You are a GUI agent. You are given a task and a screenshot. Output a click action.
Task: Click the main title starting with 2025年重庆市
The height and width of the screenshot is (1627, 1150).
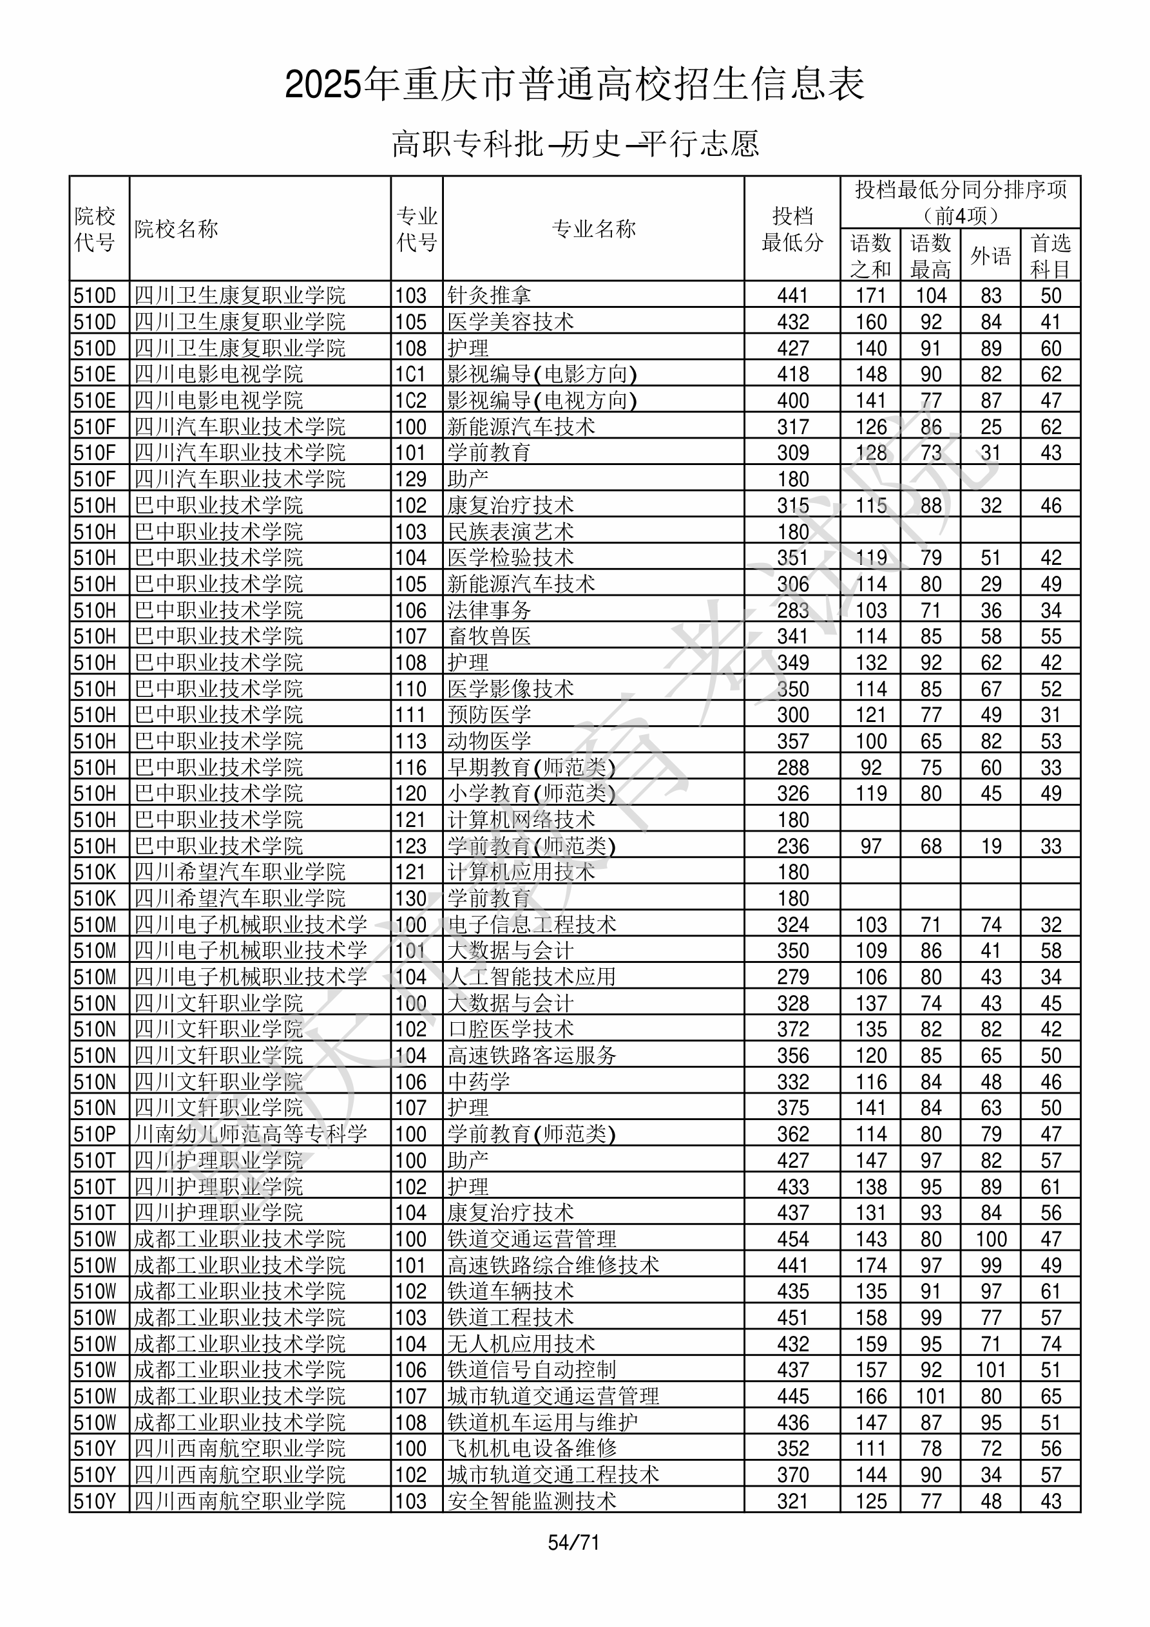pyautogui.click(x=574, y=84)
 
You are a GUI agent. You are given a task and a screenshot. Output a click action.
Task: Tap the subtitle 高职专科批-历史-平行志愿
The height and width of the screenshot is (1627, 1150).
pyautogui.click(x=575, y=144)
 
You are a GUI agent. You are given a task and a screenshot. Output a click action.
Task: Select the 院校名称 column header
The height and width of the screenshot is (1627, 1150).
pyautogui.click(x=177, y=229)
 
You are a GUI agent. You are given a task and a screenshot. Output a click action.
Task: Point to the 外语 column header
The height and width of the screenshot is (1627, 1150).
pyautogui.click(x=990, y=256)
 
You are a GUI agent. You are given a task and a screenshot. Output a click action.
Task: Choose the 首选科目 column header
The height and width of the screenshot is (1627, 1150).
pyautogui.click(x=1050, y=256)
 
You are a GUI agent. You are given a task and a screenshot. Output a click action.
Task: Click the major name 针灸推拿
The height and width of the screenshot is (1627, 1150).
pyautogui.click(x=489, y=296)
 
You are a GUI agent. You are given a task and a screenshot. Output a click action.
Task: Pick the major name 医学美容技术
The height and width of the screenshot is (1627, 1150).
pyautogui.click(x=510, y=321)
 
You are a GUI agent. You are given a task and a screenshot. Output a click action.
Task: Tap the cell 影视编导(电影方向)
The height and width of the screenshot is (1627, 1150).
pyautogui.click(x=542, y=374)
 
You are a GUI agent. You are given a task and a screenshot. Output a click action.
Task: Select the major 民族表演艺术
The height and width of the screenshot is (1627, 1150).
pyautogui.click(x=510, y=531)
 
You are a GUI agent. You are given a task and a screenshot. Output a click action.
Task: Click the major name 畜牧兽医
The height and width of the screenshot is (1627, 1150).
pyautogui.click(x=489, y=636)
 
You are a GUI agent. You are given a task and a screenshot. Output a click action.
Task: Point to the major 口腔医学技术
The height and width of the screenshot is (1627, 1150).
pyautogui.click(x=510, y=1029)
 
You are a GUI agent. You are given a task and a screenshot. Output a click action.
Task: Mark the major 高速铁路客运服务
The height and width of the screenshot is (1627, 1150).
pyautogui.click(x=532, y=1055)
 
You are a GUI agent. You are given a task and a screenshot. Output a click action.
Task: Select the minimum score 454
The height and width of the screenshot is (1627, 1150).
pyautogui.click(x=792, y=1239)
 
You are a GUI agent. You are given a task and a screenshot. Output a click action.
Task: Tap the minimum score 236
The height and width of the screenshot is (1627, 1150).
pyautogui.click(x=792, y=846)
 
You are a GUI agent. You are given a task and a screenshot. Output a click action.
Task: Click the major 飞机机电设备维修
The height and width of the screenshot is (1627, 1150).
pyautogui.click(x=532, y=1449)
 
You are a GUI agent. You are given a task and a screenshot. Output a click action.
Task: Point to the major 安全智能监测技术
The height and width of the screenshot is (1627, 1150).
pyautogui.click(x=532, y=1501)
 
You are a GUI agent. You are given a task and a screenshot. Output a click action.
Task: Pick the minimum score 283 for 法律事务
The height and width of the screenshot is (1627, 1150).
pyautogui.click(x=792, y=610)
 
